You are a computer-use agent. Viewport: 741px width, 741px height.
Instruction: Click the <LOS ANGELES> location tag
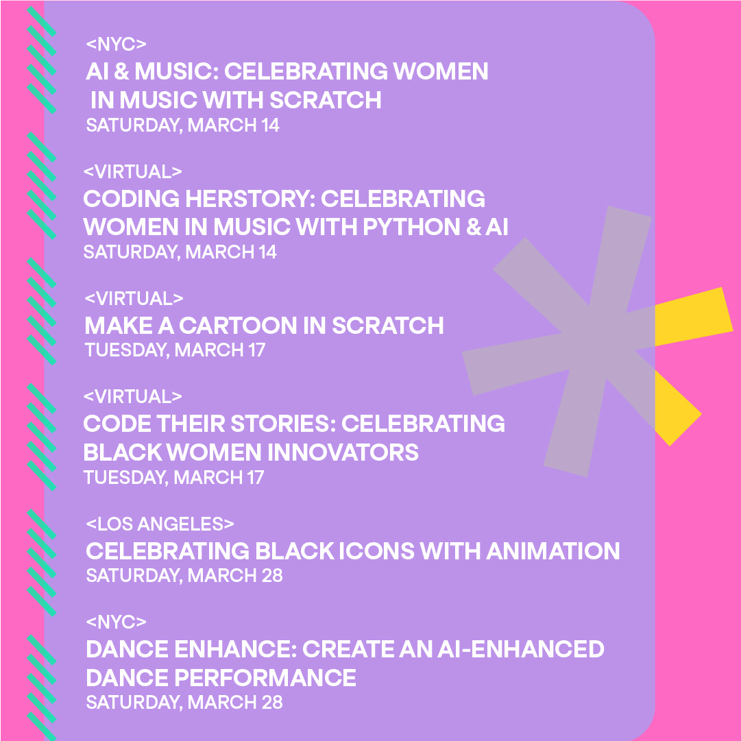[x=160, y=524]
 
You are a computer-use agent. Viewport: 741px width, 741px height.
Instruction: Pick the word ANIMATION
[x=552, y=550]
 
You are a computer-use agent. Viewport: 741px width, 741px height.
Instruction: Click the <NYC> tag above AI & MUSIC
[x=116, y=45]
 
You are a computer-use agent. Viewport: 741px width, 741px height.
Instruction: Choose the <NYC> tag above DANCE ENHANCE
[x=116, y=622]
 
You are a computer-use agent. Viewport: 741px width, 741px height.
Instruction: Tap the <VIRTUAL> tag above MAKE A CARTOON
[x=134, y=299]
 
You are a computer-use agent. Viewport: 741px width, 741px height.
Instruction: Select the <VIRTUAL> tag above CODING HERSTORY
[x=132, y=171]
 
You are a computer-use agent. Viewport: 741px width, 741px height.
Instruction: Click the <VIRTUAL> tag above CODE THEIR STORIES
[x=132, y=397]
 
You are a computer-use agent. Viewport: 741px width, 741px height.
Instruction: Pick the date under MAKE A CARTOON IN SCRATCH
[x=175, y=350]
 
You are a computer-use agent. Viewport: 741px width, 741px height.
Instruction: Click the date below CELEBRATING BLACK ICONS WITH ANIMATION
[x=184, y=575]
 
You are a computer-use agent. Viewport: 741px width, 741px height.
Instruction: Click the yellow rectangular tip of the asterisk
[x=692, y=317]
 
